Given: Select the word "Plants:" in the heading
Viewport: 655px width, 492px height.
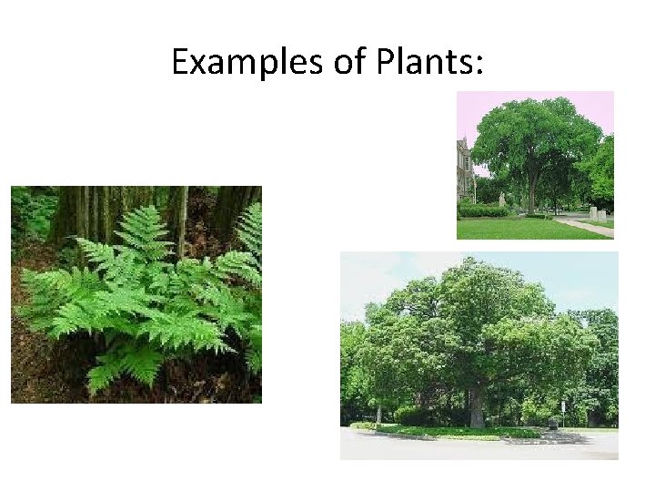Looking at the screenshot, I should coord(423,62).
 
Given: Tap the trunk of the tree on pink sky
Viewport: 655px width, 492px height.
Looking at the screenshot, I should coord(532,197).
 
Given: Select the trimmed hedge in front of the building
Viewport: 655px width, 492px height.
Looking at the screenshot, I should coord(482,210).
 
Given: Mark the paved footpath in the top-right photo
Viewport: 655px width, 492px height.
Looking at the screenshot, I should coord(587,224).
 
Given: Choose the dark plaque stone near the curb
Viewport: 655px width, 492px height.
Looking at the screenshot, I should coord(552,424).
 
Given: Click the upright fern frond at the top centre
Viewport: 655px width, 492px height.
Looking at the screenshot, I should coord(144,228).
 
